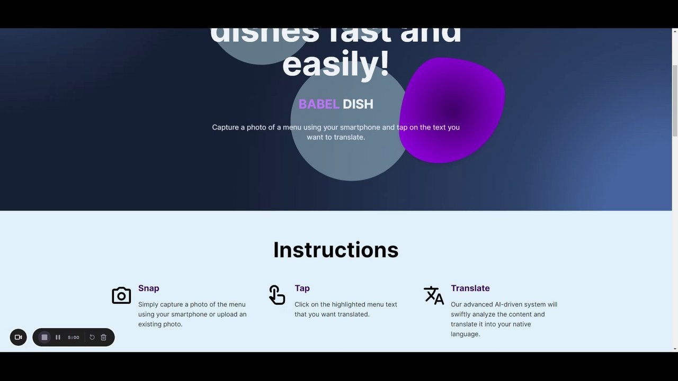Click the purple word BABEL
click(318, 104)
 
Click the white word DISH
click(358, 104)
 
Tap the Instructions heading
click(336, 250)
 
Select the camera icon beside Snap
click(121, 295)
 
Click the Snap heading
click(148, 288)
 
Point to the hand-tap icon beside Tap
click(276, 295)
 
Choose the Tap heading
click(302, 288)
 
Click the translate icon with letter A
click(434, 295)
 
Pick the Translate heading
click(470, 288)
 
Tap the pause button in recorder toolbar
click(58, 337)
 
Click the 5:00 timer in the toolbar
click(74, 337)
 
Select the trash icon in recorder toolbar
click(103, 337)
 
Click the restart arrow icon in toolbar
click(92, 337)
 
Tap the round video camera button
click(18, 337)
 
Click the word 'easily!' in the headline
click(336, 65)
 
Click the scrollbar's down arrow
click(675, 349)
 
